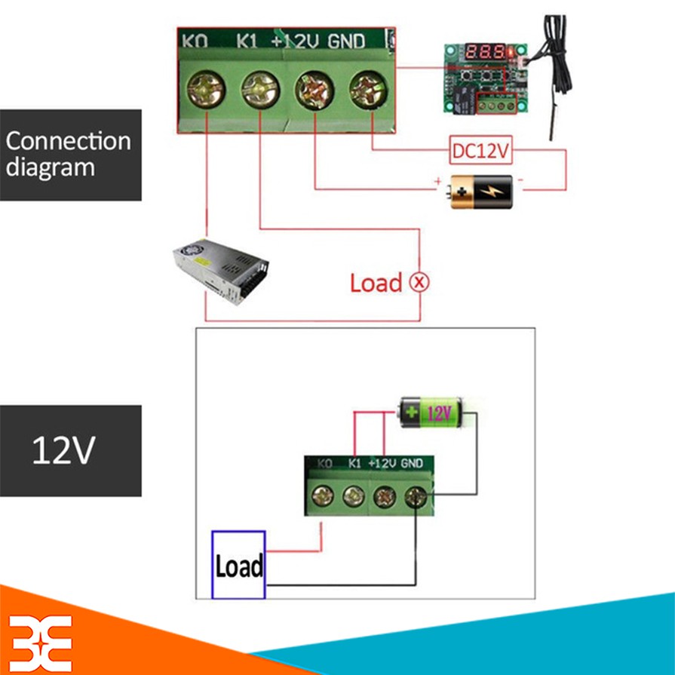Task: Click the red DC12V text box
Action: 481,150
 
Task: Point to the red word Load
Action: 376,284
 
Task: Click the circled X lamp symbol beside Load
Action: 419,283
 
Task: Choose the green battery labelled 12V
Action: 429,412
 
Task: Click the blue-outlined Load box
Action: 238,565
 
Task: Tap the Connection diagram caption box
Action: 70,155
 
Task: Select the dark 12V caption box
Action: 70,450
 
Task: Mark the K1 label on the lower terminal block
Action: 356,463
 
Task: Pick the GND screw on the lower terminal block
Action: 416,496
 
